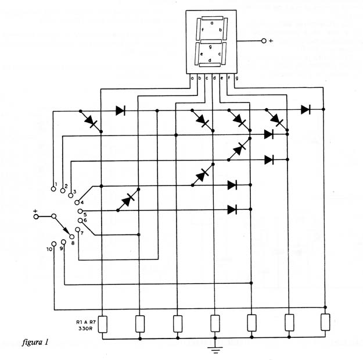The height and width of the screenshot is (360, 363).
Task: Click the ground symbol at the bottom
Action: click(215, 350)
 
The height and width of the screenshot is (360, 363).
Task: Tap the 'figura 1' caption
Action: click(35, 342)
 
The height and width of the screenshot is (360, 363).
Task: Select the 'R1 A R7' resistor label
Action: click(86, 322)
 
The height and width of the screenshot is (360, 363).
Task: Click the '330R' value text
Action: click(85, 329)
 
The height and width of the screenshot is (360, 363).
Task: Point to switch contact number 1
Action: click(53, 189)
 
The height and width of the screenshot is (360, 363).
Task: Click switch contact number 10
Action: click(53, 244)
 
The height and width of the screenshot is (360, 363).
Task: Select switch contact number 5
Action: click(80, 211)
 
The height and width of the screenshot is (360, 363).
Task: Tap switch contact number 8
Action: click(72, 237)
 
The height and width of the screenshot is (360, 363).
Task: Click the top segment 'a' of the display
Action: click(213, 18)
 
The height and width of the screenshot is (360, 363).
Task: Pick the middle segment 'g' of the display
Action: click(211, 41)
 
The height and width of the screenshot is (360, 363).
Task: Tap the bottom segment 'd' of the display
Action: click(210, 65)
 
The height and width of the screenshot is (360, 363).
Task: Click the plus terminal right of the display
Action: click(264, 41)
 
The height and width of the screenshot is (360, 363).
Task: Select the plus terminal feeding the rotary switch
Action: click(36, 216)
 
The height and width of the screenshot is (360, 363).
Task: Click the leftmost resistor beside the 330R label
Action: click(103, 325)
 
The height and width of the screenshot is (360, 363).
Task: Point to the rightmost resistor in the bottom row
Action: click(325, 322)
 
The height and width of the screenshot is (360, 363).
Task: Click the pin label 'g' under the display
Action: click(236, 78)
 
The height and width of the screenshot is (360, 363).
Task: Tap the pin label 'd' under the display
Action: click(214, 78)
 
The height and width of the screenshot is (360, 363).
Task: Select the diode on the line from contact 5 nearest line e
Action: click(232, 209)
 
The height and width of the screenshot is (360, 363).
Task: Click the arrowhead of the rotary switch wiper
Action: click(67, 231)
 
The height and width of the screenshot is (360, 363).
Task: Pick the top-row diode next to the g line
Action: click(306, 109)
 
